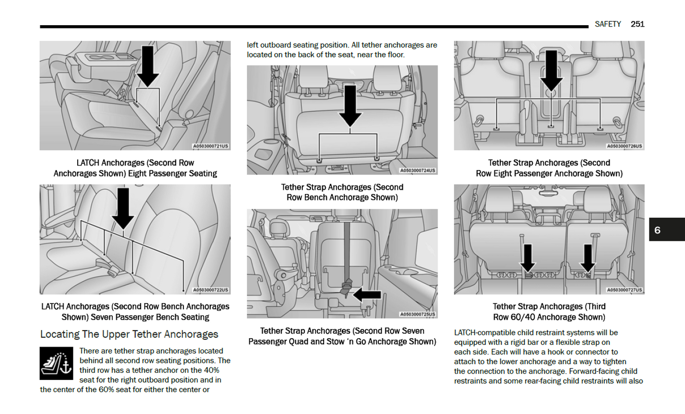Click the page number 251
tap(637, 24)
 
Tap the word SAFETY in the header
tap(608, 24)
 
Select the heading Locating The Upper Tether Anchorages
tap(129, 334)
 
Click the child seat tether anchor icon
tap(56, 363)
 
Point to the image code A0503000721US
tap(210, 146)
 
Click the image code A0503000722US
tap(210, 290)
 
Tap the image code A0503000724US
tap(418, 170)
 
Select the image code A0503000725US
tap(418, 314)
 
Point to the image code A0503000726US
tap(624, 146)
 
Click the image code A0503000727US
tap(624, 290)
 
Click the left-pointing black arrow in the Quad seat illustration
tap(367, 295)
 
